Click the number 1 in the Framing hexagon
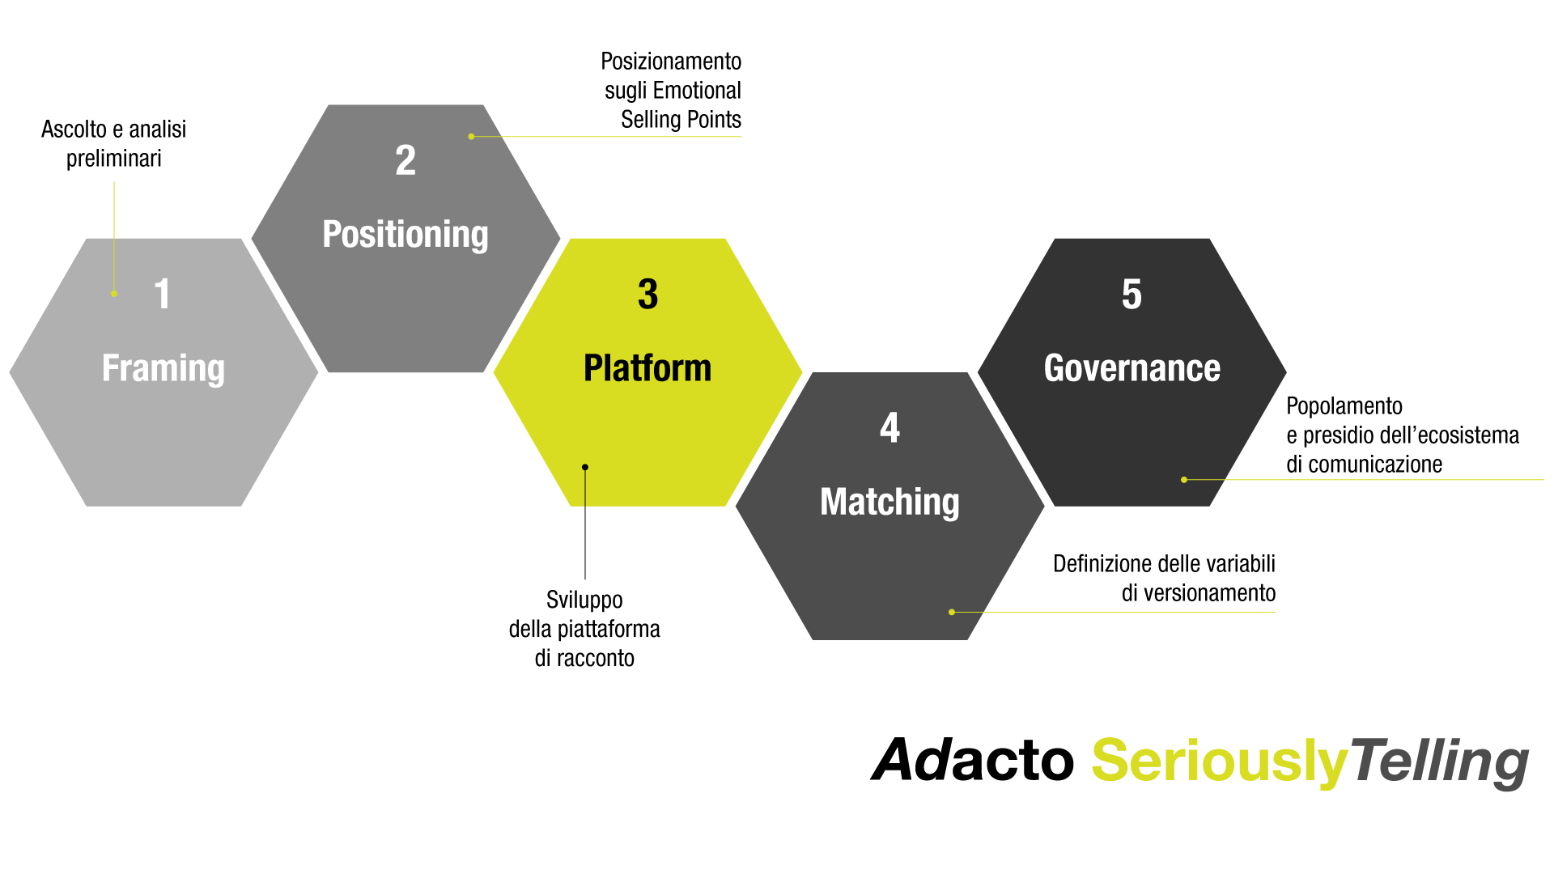pyautogui.click(x=163, y=294)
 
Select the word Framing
pyautogui.click(x=163, y=368)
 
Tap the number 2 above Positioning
pyautogui.click(x=405, y=160)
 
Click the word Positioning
pyautogui.click(x=405, y=235)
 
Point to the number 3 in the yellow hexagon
pyautogui.click(x=647, y=294)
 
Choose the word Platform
pyautogui.click(x=647, y=368)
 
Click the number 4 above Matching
pyautogui.click(x=890, y=428)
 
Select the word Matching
pyautogui.click(x=890, y=502)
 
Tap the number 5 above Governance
pyautogui.click(x=1132, y=294)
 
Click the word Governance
pyautogui.click(x=1132, y=368)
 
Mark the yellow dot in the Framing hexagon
pyautogui.click(x=114, y=294)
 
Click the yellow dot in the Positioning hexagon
pyautogui.click(x=471, y=137)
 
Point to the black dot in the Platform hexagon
pyautogui.click(x=585, y=467)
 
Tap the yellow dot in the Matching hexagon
pyautogui.click(x=952, y=612)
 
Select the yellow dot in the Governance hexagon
pyautogui.click(x=1184, y=480)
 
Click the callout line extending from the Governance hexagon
pyautogui.click(x=1376, y=480)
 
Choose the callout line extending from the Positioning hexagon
pyautogui.click(x=615, y=137)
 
